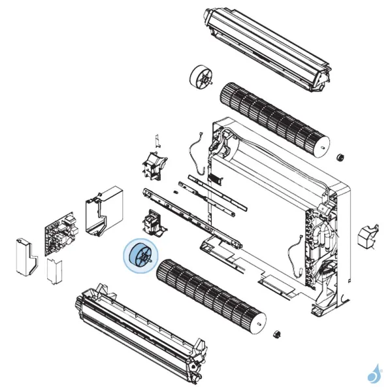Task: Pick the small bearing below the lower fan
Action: tap(276, 335)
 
